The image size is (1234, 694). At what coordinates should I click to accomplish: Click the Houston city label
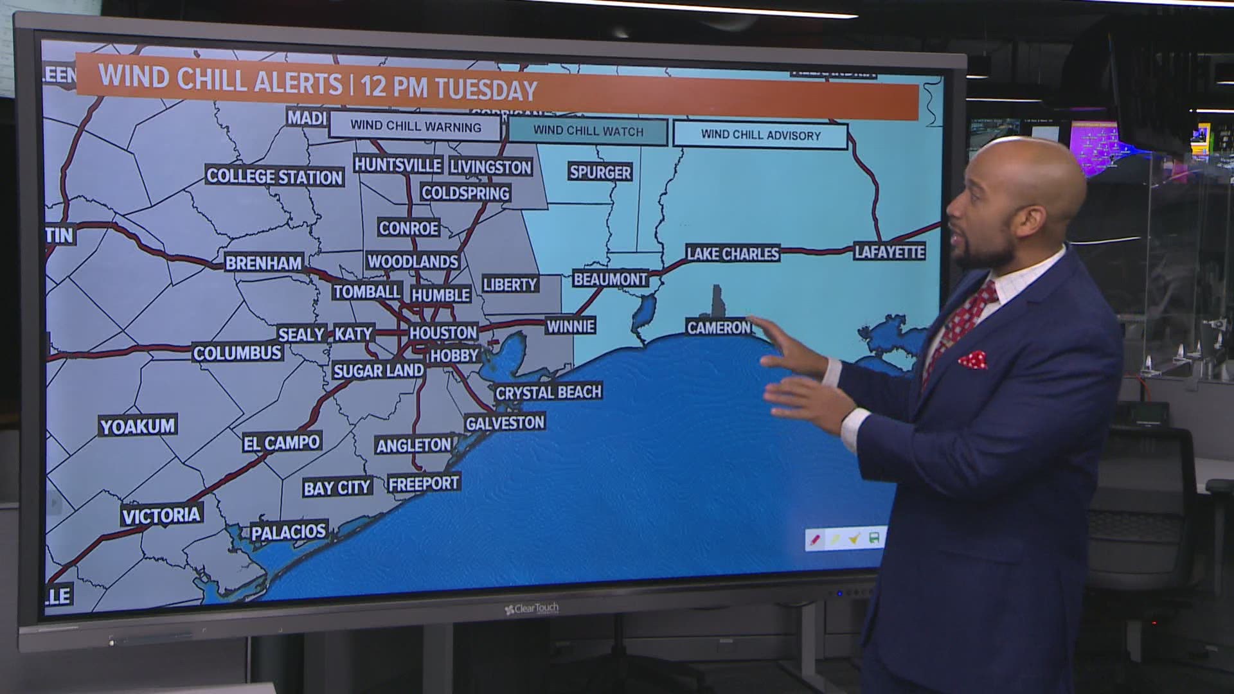[443, 332]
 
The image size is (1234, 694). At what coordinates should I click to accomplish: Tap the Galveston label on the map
[505, 423]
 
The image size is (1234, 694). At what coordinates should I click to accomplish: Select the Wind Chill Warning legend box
[415, 126]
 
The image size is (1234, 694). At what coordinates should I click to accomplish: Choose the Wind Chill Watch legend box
[588, 131]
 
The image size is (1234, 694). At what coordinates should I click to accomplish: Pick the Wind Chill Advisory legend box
[760, 135]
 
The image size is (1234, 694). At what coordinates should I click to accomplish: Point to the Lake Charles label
[733, 254]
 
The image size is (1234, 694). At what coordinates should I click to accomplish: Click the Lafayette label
[890, 252]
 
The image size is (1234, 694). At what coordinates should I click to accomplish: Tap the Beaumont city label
[610, 279]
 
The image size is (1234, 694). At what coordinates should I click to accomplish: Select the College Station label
[274, 177]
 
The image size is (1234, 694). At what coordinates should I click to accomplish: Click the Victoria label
[161, 515]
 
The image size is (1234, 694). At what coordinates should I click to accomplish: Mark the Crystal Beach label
[548, 392]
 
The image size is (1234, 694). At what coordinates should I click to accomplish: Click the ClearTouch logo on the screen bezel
[532, 608]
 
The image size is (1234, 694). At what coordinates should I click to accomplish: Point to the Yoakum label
[138, 426]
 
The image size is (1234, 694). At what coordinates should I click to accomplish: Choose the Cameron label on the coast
[719, 328]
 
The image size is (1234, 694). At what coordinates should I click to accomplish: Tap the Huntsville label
[398, 165]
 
